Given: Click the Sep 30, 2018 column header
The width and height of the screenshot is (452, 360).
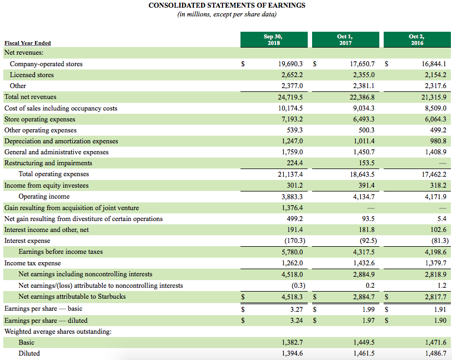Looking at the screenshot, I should (273, 39).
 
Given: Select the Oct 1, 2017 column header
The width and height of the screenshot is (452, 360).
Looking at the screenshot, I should (345, 39).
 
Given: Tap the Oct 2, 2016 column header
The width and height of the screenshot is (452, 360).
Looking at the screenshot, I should (416, 39).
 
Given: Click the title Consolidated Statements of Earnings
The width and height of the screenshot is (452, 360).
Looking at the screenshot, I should (227, 5).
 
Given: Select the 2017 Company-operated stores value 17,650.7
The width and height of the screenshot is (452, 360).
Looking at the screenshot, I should (362, 64).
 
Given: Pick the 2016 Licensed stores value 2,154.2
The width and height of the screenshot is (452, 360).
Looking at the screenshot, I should (435, 75).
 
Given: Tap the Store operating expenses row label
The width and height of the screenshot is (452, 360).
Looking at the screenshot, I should (40, 119).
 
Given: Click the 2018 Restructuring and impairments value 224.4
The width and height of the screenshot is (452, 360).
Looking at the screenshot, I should (295, 163).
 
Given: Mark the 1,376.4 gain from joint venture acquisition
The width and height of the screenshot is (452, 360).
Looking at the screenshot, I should (292, 208).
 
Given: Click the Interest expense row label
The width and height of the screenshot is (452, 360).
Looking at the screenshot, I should (27, 241).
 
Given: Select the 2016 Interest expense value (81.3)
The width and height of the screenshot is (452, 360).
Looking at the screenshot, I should (436, 241).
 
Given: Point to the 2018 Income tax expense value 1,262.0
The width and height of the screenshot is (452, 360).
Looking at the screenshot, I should (292, 263).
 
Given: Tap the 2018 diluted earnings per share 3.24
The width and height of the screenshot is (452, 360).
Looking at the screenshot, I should (296, 321).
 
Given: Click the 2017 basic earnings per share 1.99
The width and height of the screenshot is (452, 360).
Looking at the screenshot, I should (368, 310).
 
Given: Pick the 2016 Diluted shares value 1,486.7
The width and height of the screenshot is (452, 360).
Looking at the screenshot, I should (435, 353).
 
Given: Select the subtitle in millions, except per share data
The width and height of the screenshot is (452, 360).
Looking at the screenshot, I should (227, 15).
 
